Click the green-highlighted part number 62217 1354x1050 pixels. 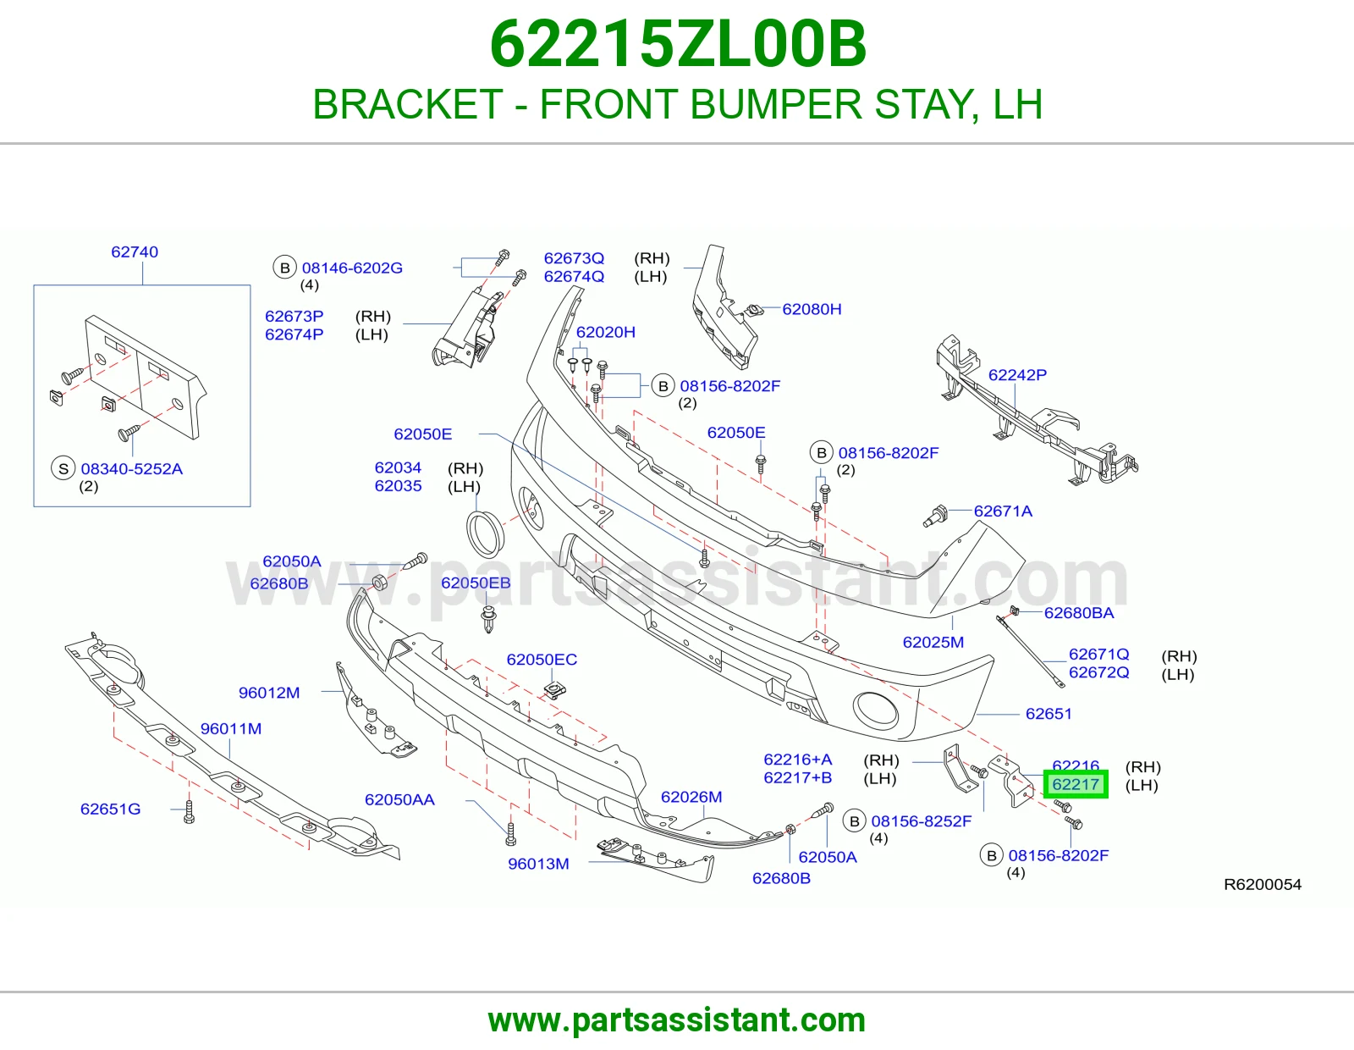[1076, 784]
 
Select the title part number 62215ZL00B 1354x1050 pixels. [677, 44]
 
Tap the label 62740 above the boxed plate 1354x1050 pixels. [135, 251]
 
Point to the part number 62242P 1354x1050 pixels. [1017, 375]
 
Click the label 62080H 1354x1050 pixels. [812, 309]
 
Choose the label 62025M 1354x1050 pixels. [933, 642]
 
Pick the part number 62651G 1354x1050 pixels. [110, 809]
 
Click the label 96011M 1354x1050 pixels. [231, 728]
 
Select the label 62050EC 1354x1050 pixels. [542, 659]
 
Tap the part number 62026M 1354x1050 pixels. [691, 797]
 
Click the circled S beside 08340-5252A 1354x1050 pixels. [63, 468]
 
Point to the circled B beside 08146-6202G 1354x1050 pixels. [284, 268]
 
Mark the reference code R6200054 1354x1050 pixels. [1263, 884]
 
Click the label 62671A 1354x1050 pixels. [1003, 511]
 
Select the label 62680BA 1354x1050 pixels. [1079, 613]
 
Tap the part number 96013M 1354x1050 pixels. [539, 864]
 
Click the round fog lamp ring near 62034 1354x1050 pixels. [469, 534]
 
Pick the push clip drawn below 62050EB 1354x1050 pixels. [489, 619]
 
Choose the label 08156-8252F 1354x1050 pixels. [922, 821]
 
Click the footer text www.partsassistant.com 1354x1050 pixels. [677, 1020]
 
